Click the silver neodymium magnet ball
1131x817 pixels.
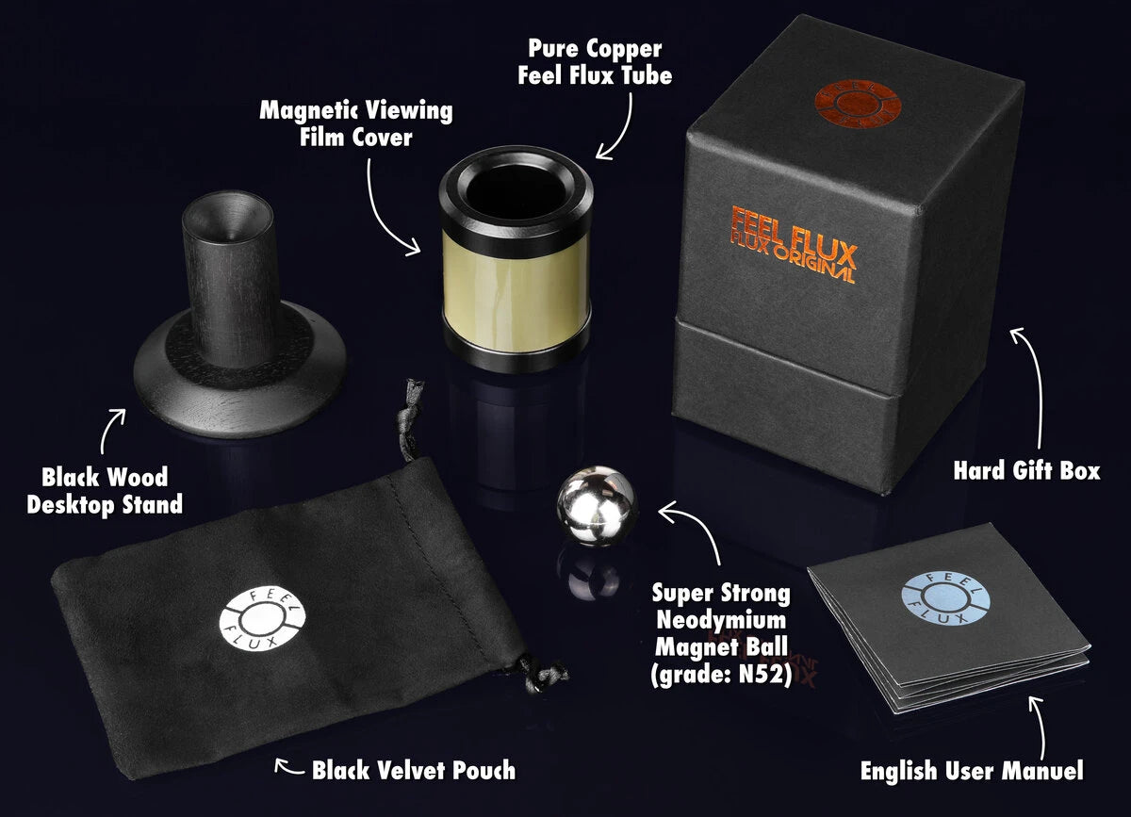tap(597, 509)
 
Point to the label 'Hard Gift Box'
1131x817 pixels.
tap(1026, 470)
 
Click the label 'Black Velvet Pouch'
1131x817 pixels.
tap(414, 770)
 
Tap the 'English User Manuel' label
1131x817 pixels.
tap(972, 771)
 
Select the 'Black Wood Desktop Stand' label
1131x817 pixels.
tap(104, 490)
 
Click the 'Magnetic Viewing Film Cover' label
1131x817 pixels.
tap(355, 123)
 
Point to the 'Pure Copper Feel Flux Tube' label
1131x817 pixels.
tap(595, 61)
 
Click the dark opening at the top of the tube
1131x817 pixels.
tap(516, 191)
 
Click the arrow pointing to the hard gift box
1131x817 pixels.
tap(1032, 377)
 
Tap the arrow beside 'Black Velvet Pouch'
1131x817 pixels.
tap(286, 765)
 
